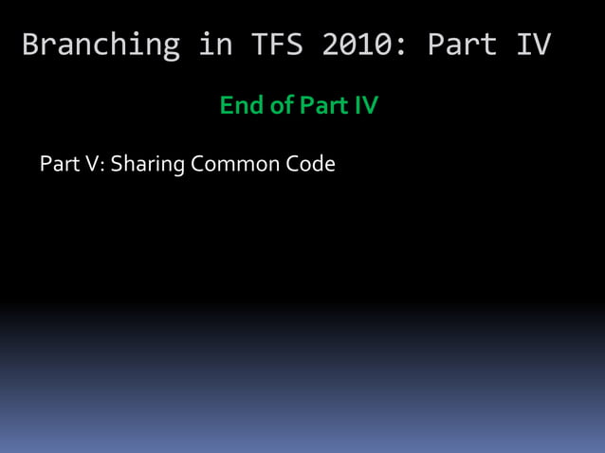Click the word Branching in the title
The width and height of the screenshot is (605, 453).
[101, 45]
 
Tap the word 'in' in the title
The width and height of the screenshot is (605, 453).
[212, 45]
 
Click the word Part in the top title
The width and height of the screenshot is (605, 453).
[462, 45]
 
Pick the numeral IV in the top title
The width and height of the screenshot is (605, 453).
[534, 45]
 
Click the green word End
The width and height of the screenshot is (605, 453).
[240, 105]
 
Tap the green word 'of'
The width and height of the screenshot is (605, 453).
[282, 105]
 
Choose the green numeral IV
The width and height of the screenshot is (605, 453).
[366, 105]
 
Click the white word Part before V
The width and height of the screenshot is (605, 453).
[60, 164]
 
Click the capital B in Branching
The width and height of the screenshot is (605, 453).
[31, 45]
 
